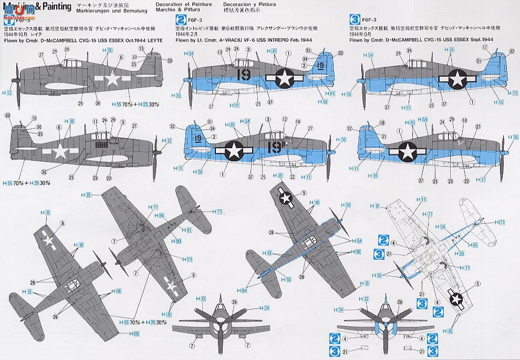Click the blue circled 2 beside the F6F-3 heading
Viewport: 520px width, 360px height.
click(x=178, y=19)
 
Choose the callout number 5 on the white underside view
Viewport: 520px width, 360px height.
click(x=477, y=284)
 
